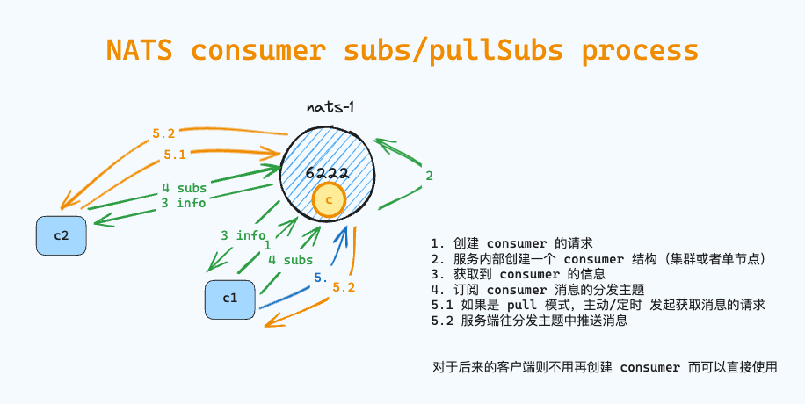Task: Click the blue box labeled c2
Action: click(x=62, y=236)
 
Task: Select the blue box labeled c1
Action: click(x=230, y=299)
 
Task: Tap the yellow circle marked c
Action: click(x=329, y=201)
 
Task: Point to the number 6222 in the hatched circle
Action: click(x=328, y=174)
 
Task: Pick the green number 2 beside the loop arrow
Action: click(x=429, y=176)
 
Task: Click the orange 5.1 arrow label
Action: click(x=173, y=155)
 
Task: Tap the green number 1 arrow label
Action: click(x=268, y=247)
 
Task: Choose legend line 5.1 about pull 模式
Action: click(x=598, y=305)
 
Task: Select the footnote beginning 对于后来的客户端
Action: click(x=605, y=367)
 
